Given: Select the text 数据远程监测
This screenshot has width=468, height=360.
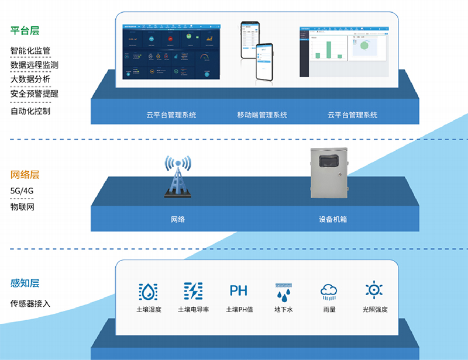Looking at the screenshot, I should pos(34,65).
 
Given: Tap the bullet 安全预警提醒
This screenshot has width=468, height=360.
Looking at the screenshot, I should pos(34,94).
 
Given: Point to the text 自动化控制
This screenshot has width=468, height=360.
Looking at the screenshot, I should pos(30,110).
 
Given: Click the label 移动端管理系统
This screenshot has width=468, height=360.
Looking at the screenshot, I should pos(262,115).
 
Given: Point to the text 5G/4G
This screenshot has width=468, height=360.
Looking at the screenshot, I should pos(22,191).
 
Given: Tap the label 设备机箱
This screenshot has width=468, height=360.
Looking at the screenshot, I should pos(333,220).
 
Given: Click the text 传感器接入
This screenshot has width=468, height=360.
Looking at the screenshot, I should pos(30,303).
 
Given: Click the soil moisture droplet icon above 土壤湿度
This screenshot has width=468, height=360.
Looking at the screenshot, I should pos(148,290).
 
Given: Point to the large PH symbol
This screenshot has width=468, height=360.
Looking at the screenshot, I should pos(239,290).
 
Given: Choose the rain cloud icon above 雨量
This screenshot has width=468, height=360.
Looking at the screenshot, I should pos(329,290).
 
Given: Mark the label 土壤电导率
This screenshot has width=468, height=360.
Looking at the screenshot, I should pos(193,309).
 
